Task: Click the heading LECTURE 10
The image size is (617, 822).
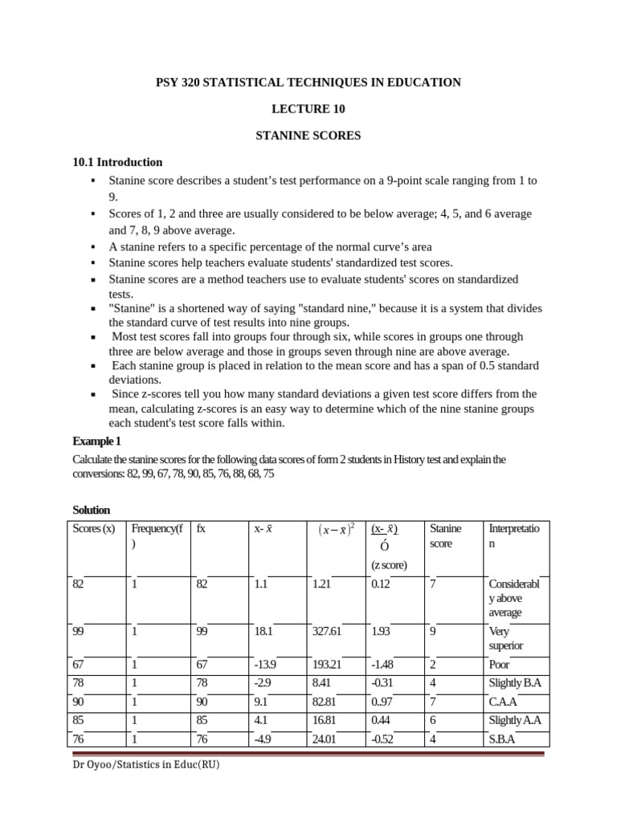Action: (308, 109)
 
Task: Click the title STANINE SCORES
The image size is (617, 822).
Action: (308, 136)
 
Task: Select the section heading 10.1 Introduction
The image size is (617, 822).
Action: (117, 162)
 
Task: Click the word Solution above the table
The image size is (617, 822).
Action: (91, 511)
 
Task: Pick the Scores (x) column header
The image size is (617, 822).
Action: (93, 529)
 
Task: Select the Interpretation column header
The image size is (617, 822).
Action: (515, 535)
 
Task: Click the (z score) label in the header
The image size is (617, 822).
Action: (390, 565)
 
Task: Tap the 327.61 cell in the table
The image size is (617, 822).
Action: (327, 632)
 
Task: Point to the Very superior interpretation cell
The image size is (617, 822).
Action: (506, 638)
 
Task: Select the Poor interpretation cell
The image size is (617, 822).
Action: (500, 665)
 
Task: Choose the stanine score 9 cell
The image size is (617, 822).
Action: (433, 632)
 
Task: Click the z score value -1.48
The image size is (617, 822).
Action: (383, 665)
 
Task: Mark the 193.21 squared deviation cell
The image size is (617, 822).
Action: (327, 665)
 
